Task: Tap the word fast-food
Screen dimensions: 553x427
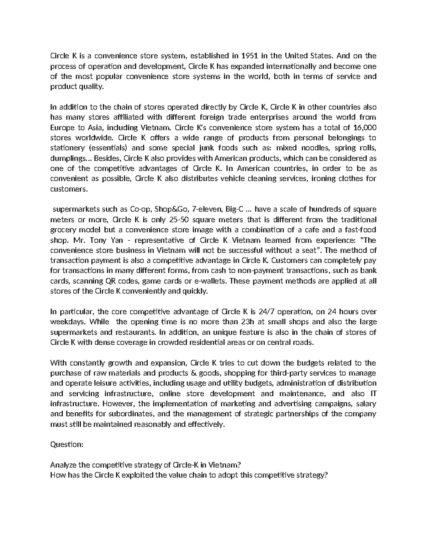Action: [x=362, y=230]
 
